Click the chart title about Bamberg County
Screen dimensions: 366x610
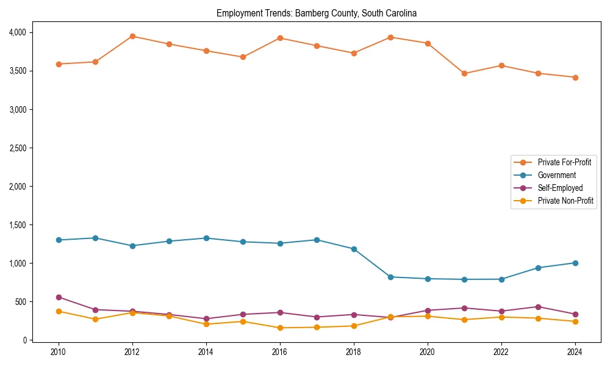pyautogui.click(x=316, y=13)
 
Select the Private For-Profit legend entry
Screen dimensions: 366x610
pyautogui.click(x=560, y=162)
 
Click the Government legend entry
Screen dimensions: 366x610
pyautogui.click(x=556, y=175)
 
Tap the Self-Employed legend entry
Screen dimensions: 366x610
pyautogui.click(x=560, y=188)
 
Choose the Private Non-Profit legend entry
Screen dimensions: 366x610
pyautogui.click(x=565, y=201)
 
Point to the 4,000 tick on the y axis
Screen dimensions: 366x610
pyautogui.click(x=16, y=32)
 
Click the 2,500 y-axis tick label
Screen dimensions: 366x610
pyautogui.click(x=16, y=148)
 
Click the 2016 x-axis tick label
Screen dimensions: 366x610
pyautogui.click(x=280, y=352)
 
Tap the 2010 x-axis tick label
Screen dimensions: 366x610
pyautogui.click(x=59, y=352)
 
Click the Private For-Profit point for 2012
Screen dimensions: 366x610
pyautogui.click(x=132, y=36)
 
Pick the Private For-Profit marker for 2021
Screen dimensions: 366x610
pyautogui.click(x=464, y=73)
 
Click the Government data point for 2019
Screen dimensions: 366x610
pyautogui.click(x=390, y=277)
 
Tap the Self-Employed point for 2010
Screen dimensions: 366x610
pyautogui.click(x=59, y=297)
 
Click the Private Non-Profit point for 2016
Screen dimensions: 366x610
pyautogui.click(x=280, y=328)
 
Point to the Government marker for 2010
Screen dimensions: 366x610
pyautogui.click(x=59, y=240)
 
